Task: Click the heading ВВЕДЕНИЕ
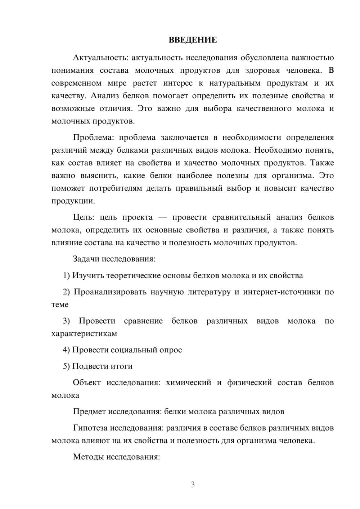(193, 40)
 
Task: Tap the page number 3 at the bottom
(193, 485)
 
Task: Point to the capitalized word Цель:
(84, 217)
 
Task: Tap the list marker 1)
(66, 276)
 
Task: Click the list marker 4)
(66, 350)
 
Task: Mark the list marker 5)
(66, 366)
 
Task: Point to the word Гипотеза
(90, 428)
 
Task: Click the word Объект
(87, 383)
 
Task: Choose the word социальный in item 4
(134, 350)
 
